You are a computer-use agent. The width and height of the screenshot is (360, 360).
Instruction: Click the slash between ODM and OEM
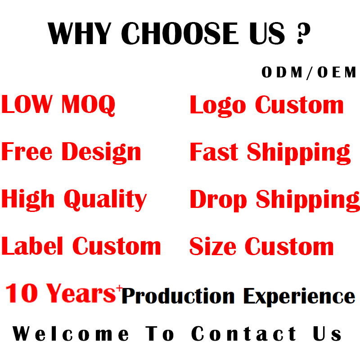[x=310, y=72]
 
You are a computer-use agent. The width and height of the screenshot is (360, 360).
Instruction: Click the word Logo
[x=218, y=106]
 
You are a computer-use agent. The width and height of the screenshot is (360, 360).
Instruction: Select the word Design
[x=101, y=152]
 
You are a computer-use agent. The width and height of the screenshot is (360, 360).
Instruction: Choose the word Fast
[x=214, y=152]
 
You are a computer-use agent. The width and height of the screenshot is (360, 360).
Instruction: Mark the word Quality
[x=105, y=199]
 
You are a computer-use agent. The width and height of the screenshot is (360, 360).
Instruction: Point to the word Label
[x=33, y=246]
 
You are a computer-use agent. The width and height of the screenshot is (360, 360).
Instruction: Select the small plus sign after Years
[x=119, y=288]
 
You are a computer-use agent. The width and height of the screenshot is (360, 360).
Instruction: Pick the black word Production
[x=178, y=297]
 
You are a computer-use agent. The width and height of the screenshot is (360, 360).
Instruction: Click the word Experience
[x=299, y=297]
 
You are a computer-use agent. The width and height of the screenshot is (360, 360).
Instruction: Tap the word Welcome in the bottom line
[x=71, y=334]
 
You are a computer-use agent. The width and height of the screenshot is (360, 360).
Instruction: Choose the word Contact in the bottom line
[x=244, y=334]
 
